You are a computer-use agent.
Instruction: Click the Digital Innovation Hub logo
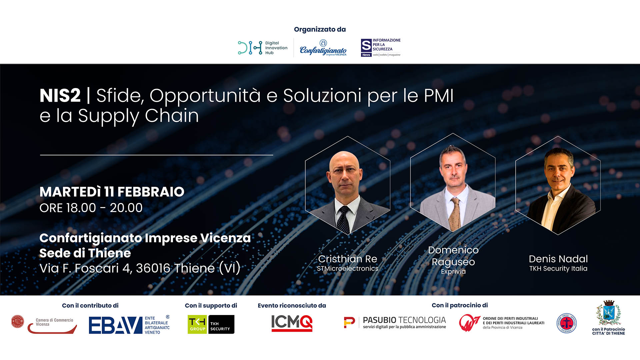coord(262,48)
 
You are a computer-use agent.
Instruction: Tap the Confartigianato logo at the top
coord(323,49)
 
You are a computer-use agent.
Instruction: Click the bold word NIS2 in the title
coord(60,96)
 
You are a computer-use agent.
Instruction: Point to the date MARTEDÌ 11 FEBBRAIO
coord(112,192)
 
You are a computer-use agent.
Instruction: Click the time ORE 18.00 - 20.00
coord(91,208)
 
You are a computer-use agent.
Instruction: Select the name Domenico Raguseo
coord(453,256)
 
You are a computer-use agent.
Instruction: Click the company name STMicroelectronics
coord(347,269)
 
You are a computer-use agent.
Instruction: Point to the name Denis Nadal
coord(558,259)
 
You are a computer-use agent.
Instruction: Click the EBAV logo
coord(129,325)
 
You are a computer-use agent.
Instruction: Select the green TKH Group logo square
coord(197,324)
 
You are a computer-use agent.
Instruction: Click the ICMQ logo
coord(292,323)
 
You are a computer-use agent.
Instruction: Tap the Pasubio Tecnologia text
coord(404,320)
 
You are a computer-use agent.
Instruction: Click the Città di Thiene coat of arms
coord(608,313)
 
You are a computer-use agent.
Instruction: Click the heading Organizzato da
coord(320,30)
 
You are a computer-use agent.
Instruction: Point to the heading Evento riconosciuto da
coord(292,306)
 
